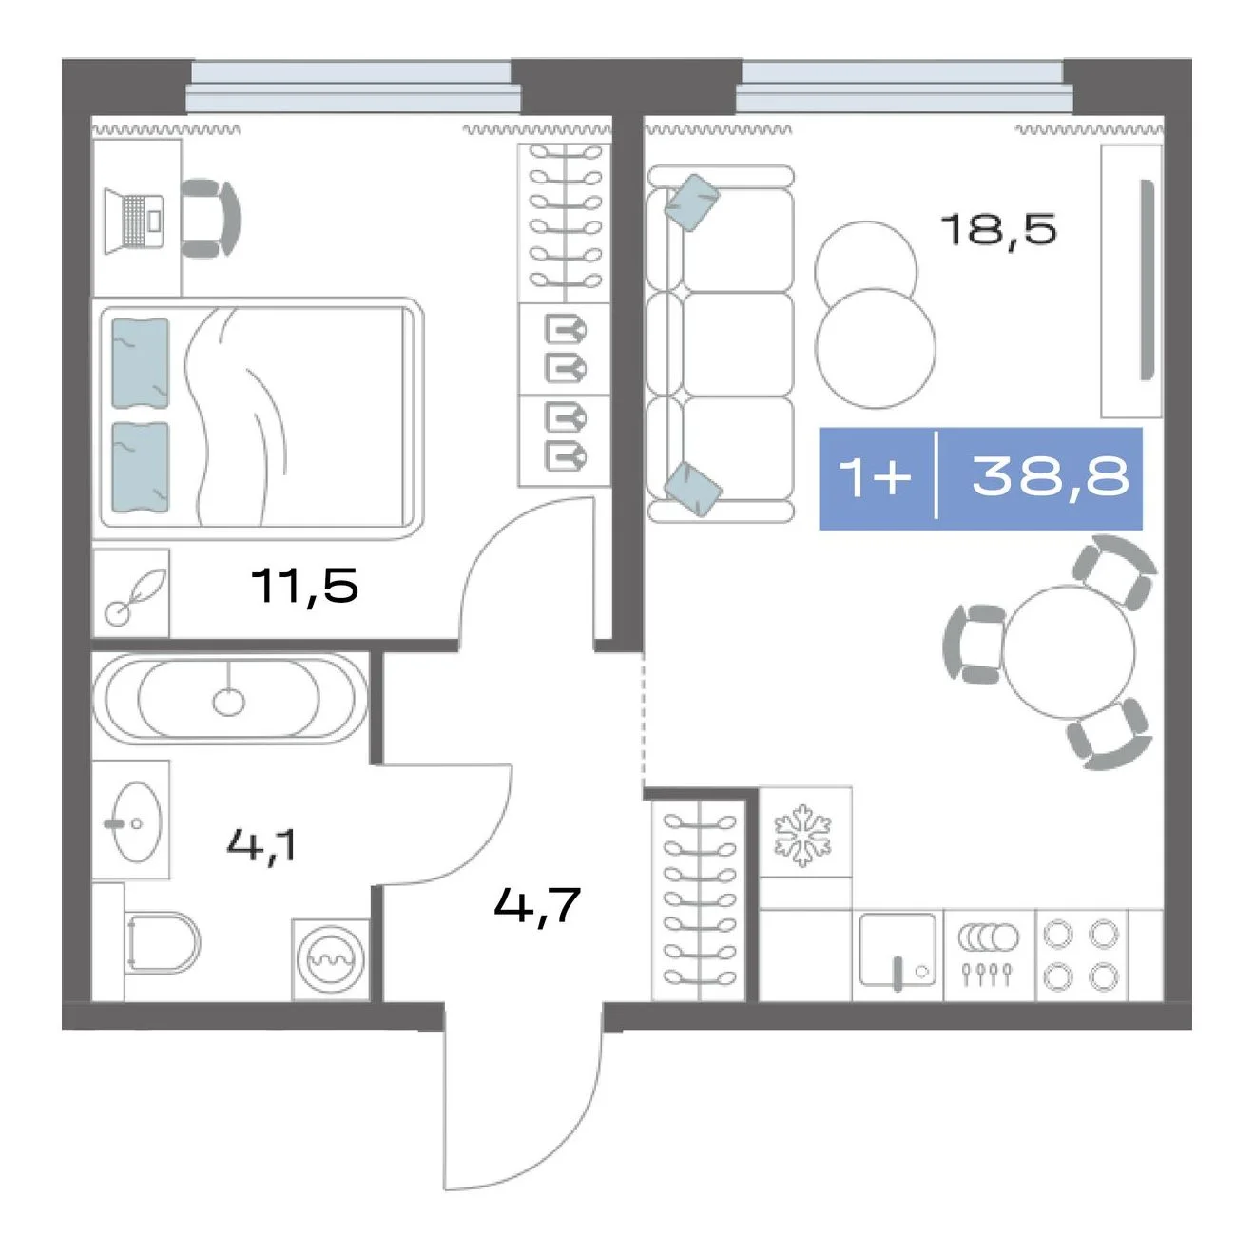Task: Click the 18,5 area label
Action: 998,229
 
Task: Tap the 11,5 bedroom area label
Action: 304,585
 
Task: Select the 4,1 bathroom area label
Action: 261,845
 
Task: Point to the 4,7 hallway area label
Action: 536,905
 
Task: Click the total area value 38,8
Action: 1050,475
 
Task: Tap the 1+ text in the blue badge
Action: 875,476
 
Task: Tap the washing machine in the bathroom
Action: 330,959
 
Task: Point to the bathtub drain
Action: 228,703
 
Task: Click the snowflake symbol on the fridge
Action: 803,836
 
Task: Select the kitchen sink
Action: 898,952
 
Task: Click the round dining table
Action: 1069,652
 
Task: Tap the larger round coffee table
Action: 876,348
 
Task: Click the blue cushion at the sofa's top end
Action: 692,203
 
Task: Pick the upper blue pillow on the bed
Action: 140,363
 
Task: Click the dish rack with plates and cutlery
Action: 987,954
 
